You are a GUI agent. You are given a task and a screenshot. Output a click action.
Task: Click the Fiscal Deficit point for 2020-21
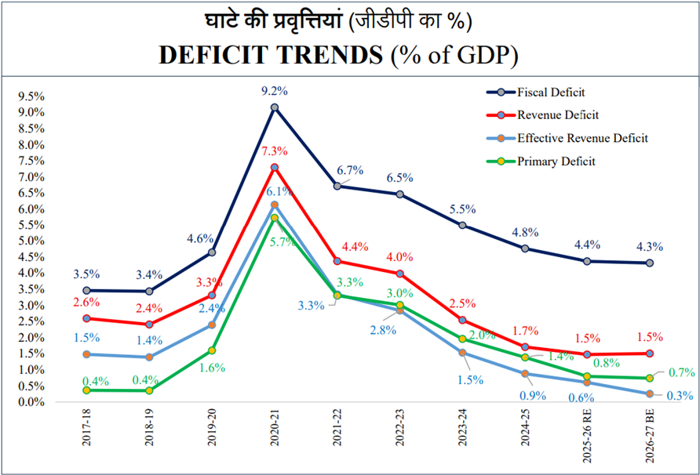click(275, 107)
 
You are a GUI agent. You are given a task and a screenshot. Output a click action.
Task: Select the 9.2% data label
click(275, 91)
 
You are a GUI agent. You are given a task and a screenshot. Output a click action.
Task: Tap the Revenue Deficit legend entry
click(557, 115)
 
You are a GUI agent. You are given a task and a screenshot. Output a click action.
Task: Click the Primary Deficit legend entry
click(556, 161)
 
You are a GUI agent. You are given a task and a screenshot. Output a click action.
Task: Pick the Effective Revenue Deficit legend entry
click(582, 139)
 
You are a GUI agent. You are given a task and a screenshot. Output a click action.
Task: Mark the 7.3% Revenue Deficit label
click(275, 151)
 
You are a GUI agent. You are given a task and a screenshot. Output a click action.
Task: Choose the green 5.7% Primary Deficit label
click(280, 241)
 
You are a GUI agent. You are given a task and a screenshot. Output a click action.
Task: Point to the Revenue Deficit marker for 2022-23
click(399, 274)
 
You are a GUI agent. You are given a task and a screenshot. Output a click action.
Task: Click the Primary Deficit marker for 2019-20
click(212, 350)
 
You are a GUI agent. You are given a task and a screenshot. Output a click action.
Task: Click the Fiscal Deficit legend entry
click(551, 92)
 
